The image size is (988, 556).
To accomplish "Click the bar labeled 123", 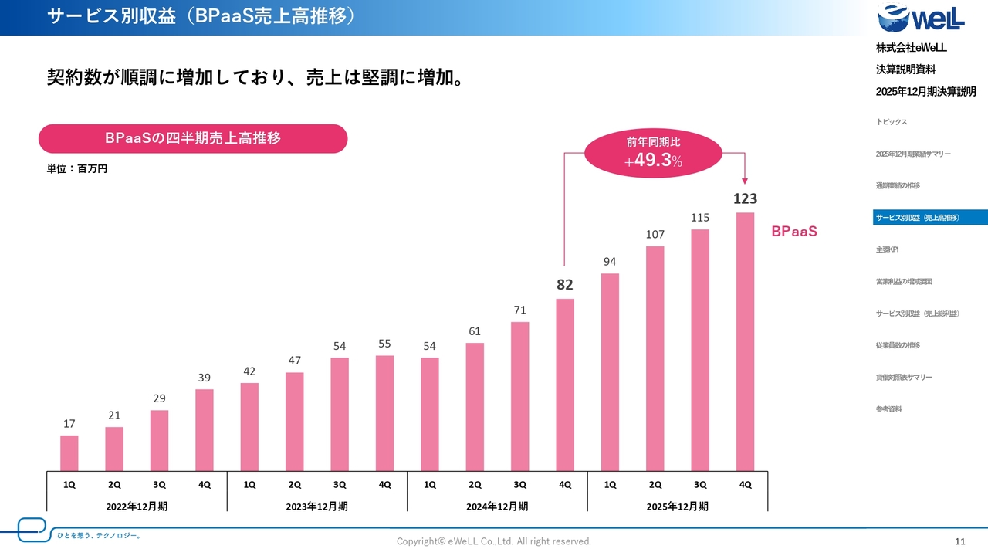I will [x=745, y=341].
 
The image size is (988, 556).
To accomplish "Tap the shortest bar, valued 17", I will [x=69, y=453].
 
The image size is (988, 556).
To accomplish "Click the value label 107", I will [x=655, y=234].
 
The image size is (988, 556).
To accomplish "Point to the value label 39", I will [x=204, y=377].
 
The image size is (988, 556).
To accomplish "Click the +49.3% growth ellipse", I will [x=654, y=153].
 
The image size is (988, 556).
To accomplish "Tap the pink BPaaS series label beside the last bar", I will [x=793, y=231].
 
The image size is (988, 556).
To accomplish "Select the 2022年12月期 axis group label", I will [x=137, y=507].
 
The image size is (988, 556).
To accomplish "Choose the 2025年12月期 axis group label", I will [x=677, y=507].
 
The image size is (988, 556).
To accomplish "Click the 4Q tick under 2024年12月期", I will [x=565, y=484].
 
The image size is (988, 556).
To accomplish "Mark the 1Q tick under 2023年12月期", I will [x=249, y=484].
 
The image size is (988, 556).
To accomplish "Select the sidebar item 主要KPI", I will [x=887, y=249].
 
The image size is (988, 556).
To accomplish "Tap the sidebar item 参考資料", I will [x=888, y=409].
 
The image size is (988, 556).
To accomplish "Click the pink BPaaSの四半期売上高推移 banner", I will [x=193, y=139].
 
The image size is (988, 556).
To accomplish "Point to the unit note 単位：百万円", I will [x=77, y=168].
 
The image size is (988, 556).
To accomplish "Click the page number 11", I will [x=960, y=541].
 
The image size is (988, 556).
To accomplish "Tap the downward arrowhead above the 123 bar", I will [x=745, y=181].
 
